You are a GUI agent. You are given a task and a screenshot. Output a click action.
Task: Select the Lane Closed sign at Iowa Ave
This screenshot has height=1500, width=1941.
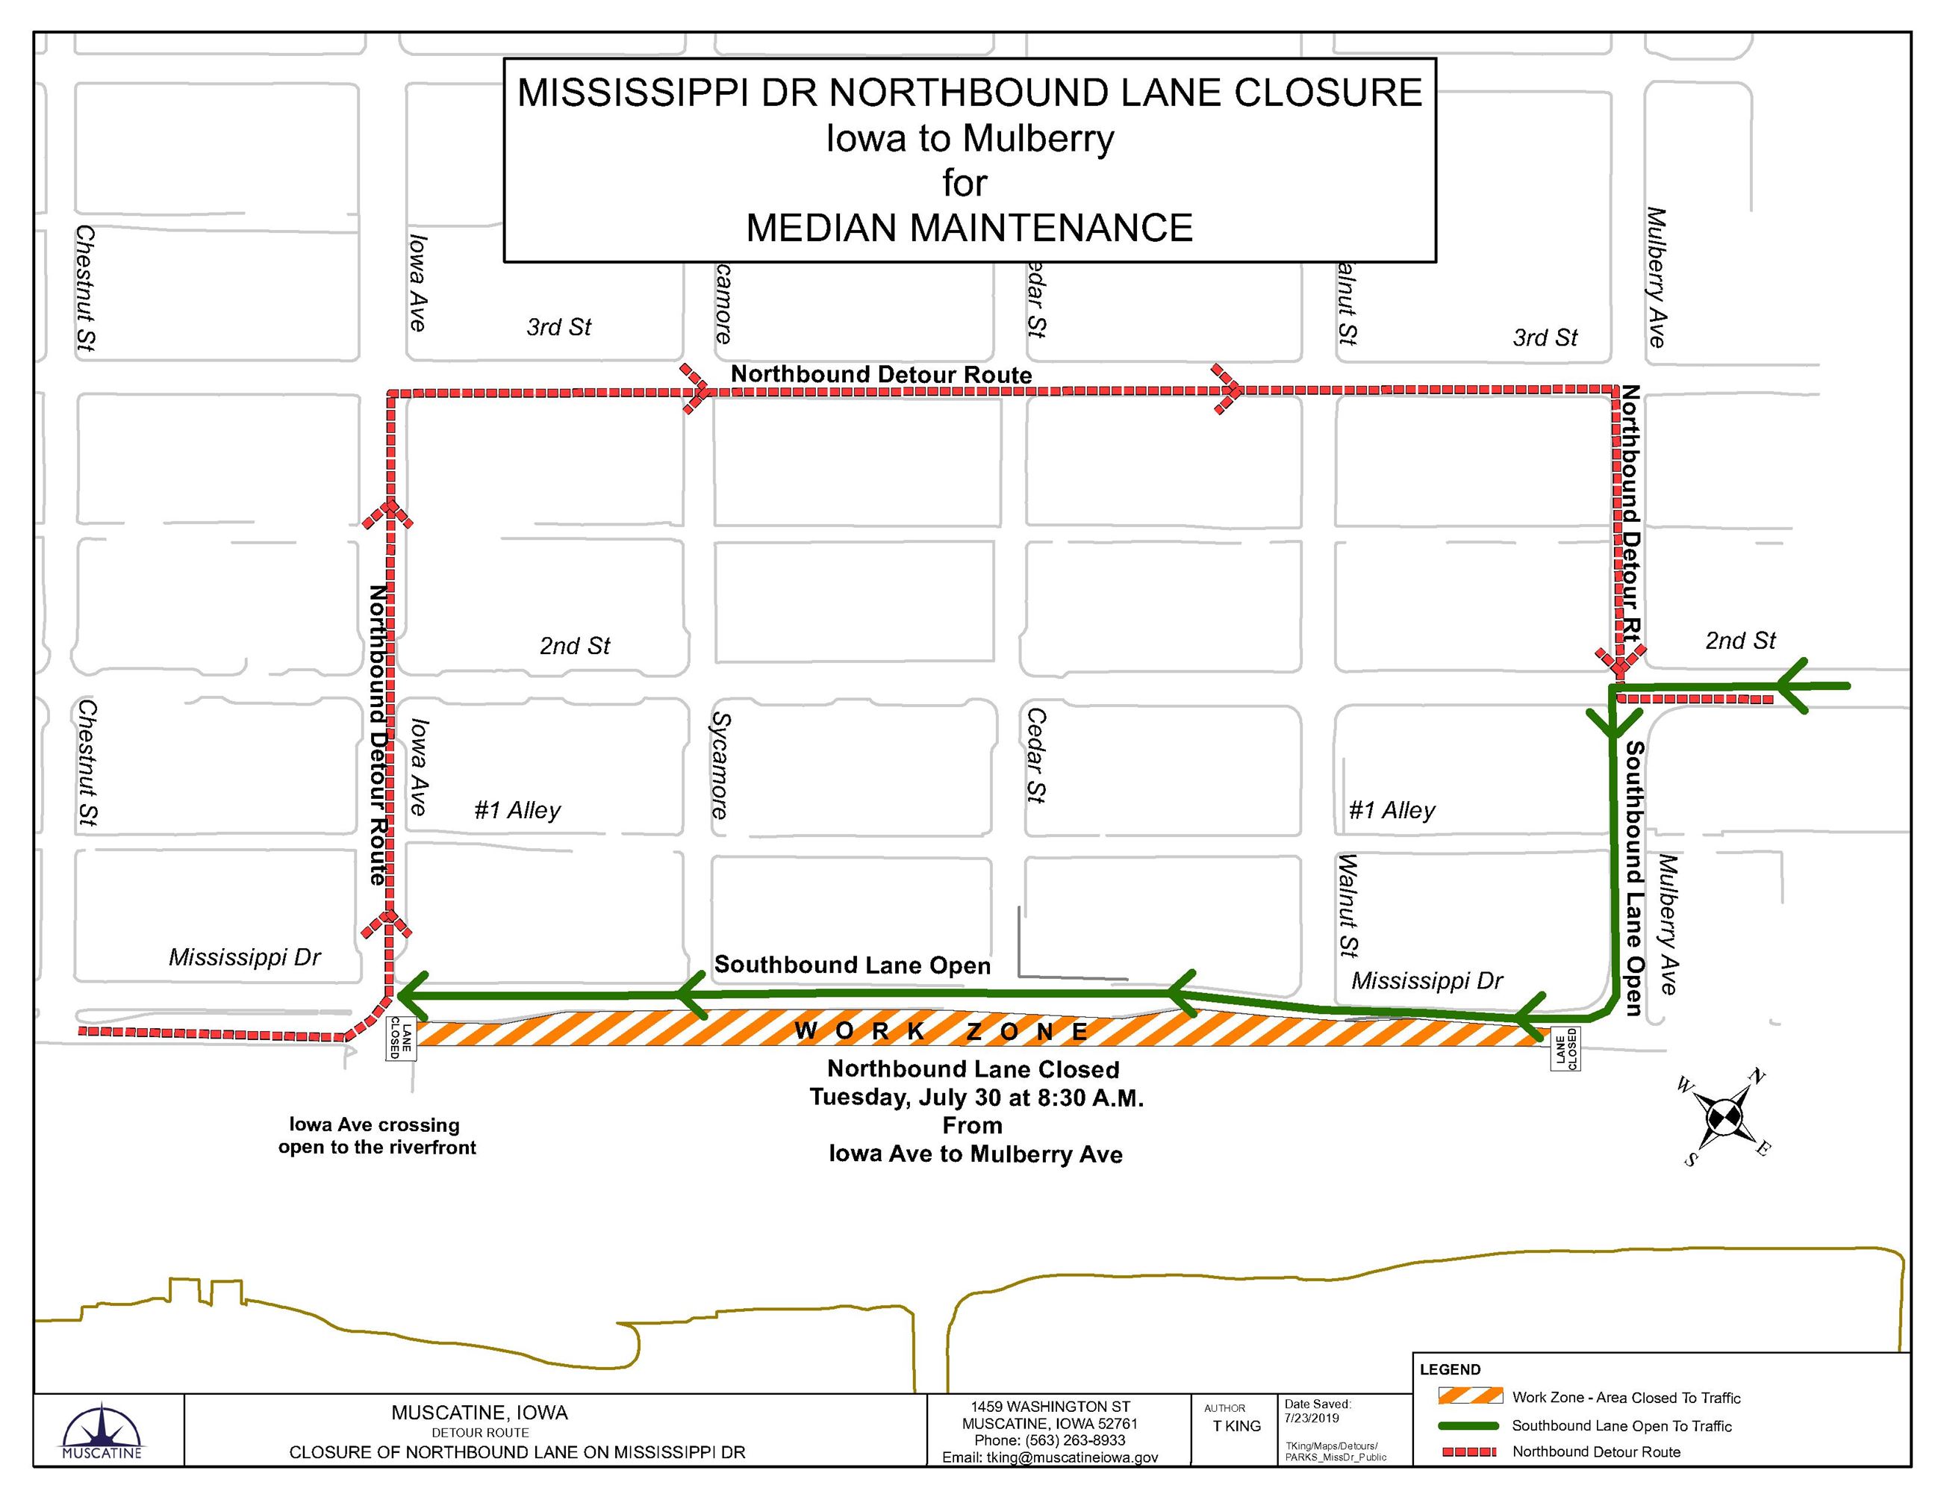pyautogui.click(x=401, y=1038)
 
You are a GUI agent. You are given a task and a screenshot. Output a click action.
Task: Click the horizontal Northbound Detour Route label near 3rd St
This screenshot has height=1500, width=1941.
pyautogui.click(x=881, y=375)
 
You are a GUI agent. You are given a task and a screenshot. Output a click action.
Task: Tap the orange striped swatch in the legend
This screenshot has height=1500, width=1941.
pyautogui.click(x=1470, y=1397)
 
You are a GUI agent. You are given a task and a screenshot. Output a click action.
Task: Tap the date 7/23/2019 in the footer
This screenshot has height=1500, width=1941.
pyautogui.click(x=1312, y=1419)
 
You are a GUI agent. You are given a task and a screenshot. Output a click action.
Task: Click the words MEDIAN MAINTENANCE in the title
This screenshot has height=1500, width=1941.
pyautogui.click(x=969, y=228)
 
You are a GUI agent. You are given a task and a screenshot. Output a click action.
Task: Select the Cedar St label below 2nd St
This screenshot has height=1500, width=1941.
pyautogui.click(x=1035, y=756)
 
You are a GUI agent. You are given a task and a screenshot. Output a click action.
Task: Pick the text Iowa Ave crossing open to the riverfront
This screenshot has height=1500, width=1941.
pyautogui.click(x=377, y=1136)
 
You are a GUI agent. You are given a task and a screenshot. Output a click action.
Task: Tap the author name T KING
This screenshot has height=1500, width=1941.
pyautogui.click(x=1236, y=1426)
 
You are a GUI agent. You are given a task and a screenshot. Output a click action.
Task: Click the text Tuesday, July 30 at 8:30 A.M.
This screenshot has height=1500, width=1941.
pyautogui.click(x=976, y=1098)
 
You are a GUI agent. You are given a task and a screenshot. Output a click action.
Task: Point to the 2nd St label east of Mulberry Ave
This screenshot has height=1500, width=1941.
pyautogui.click(x=1739, y=641)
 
